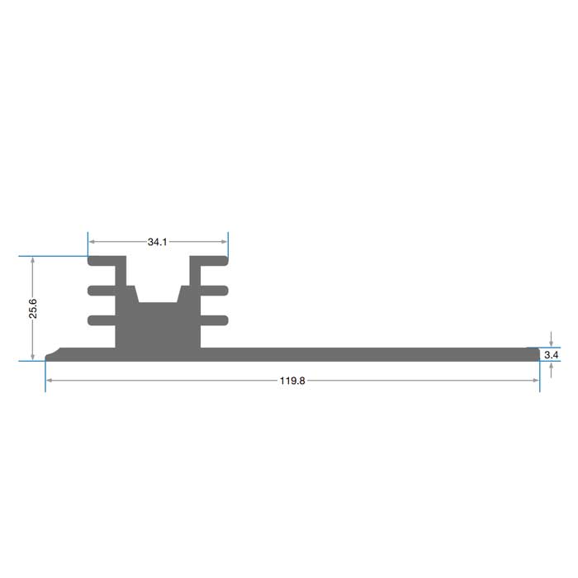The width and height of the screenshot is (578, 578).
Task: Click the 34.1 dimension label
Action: (x=158, y=242)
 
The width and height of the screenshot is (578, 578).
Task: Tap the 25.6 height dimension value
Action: (x=33, y=308)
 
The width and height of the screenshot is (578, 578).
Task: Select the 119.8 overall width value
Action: (x=292, y=381)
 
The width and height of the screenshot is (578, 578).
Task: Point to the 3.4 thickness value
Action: (x=551, y=355)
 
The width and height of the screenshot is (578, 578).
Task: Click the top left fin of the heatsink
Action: (x=102, y=261)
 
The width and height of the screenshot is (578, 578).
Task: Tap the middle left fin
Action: (x=102, y=291)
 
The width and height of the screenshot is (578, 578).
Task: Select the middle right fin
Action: (x=214, y=291)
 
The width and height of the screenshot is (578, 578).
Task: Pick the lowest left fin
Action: (x=102, y=320)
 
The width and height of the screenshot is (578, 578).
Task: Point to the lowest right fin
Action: (x=214, y=320)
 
